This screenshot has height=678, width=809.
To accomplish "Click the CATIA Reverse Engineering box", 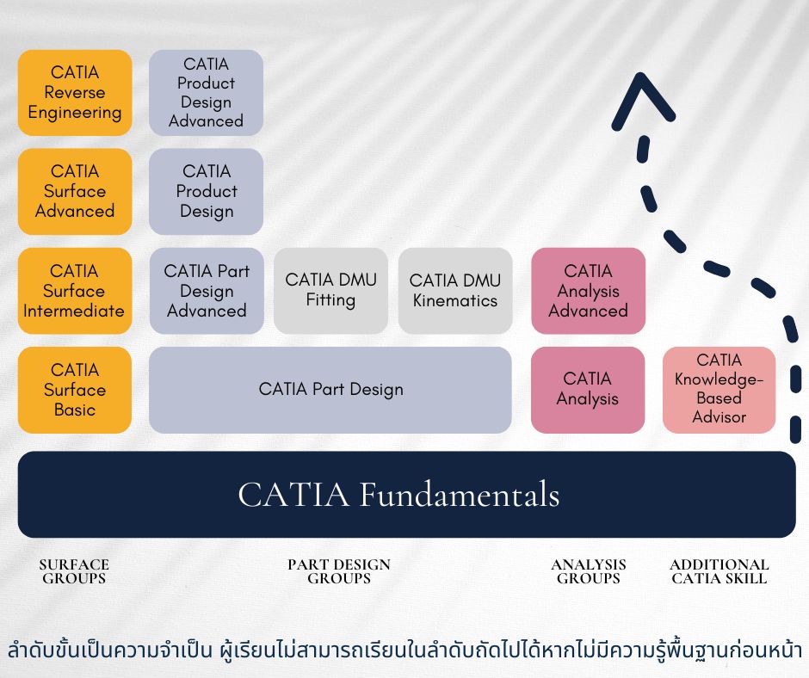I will pyautogui.click(x=75, y=93).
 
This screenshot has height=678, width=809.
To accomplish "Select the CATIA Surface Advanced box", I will pyautogui.click(x=75, y=191).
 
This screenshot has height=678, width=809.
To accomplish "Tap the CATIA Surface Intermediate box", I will pyautogui.click(x=75, y=291).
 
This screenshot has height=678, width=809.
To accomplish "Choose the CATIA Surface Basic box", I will pyautogui.click(x=75, y=390).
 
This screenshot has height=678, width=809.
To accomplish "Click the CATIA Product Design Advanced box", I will pyautogui.click(x=206, y=93).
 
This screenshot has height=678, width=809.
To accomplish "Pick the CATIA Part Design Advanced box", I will pyautogui.click(x=206, y=291).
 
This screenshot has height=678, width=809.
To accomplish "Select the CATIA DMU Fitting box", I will pyautogui.click(x=330, y=291).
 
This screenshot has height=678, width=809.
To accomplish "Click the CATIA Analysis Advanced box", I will pyautogui.click(x=588, y=291).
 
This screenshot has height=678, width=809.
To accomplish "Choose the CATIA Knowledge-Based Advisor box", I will pyautogui.click(x=719, y=389).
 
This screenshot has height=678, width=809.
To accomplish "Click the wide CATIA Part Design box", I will pyautogui.click(x=330, y=390).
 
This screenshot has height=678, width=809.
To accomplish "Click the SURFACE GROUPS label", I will pyautogui.click(x=74, y=571).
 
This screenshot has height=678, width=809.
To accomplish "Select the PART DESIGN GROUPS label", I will pyautogui.click(x=338, y=571).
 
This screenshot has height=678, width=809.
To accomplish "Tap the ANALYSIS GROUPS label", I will pyautogui.click(x=588, y=571).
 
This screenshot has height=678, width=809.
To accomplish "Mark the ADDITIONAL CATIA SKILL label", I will pyautogui.click(x=719, y=571).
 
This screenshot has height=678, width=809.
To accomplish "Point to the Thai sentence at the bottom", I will pyautogui.click(x=404, y=650).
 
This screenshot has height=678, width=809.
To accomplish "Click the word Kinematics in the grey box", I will pyautogui.click(x=454, y=300).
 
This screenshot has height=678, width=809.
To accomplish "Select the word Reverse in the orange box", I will pyautogui.click(x=75, y=93).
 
